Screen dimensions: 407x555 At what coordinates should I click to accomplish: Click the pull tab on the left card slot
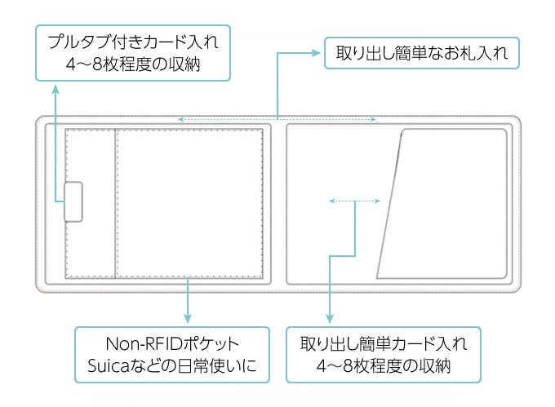point(74,201)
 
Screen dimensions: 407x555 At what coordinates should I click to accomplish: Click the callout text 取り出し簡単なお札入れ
point(422,54)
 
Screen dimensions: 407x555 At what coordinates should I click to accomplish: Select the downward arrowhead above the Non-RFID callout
point(188,317)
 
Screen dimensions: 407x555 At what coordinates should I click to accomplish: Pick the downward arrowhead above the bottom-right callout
point(329,317)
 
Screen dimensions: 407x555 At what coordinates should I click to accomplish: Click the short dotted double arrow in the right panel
point(354,200)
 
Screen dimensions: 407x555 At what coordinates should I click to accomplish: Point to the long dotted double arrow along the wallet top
point(277,120)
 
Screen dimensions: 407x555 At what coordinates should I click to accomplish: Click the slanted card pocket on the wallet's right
point(449,204)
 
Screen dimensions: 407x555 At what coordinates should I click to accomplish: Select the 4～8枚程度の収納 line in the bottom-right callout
point(383,367)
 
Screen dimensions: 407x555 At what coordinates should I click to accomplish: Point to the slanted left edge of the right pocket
point(390,204)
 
